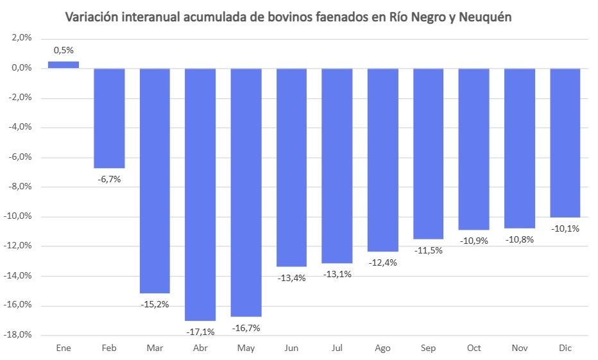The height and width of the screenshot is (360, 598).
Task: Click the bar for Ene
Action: (x=63, y=65)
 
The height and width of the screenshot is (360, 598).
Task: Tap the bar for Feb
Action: (x=109, y=118)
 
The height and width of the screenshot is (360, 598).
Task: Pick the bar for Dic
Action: (x=565, y=142)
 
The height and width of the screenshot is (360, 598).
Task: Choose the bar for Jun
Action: (x=291, y=167)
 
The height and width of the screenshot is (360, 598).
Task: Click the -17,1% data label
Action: (x=200, y=332)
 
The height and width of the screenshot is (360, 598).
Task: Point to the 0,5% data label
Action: (x=64, y=49)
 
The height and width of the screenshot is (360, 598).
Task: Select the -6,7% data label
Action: (x=109, y=179)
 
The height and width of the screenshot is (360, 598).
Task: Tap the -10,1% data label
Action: (x=565, y=228)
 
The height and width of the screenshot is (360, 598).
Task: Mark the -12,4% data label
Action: (x=382, y=262)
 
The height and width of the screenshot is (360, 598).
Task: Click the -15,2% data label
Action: (x=155, y=304)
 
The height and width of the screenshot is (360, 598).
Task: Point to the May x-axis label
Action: (x=246, y=348)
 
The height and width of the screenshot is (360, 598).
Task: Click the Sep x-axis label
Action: (x=428, y=348)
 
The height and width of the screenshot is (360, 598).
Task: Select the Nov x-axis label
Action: (x=520, y=348)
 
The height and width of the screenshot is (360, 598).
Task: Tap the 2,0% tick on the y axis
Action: (x=21, y=38)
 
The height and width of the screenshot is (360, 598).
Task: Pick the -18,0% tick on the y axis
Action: (x=19, y=335)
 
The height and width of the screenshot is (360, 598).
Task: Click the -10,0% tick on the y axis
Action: (x=19, y=216)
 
